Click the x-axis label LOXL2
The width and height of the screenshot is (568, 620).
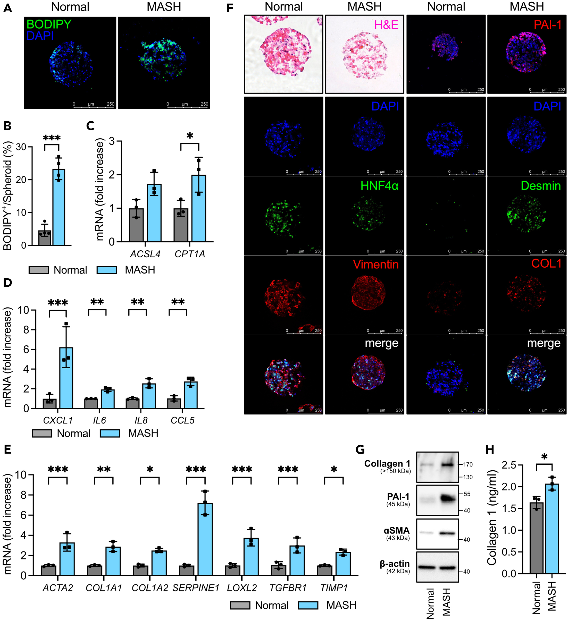242,588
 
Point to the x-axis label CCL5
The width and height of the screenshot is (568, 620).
182,420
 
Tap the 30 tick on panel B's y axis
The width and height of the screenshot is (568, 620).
21,147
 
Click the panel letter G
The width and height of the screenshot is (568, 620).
360,450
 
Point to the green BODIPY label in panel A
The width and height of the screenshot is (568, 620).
49,24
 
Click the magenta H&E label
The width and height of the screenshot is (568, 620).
386,25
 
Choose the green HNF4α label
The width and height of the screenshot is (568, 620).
379,186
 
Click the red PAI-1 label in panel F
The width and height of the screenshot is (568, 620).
547,25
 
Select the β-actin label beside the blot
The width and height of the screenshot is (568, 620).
395,564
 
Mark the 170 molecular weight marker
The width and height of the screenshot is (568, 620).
468,464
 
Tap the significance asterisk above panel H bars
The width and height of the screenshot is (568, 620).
544,457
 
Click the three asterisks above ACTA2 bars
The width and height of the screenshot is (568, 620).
58,470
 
